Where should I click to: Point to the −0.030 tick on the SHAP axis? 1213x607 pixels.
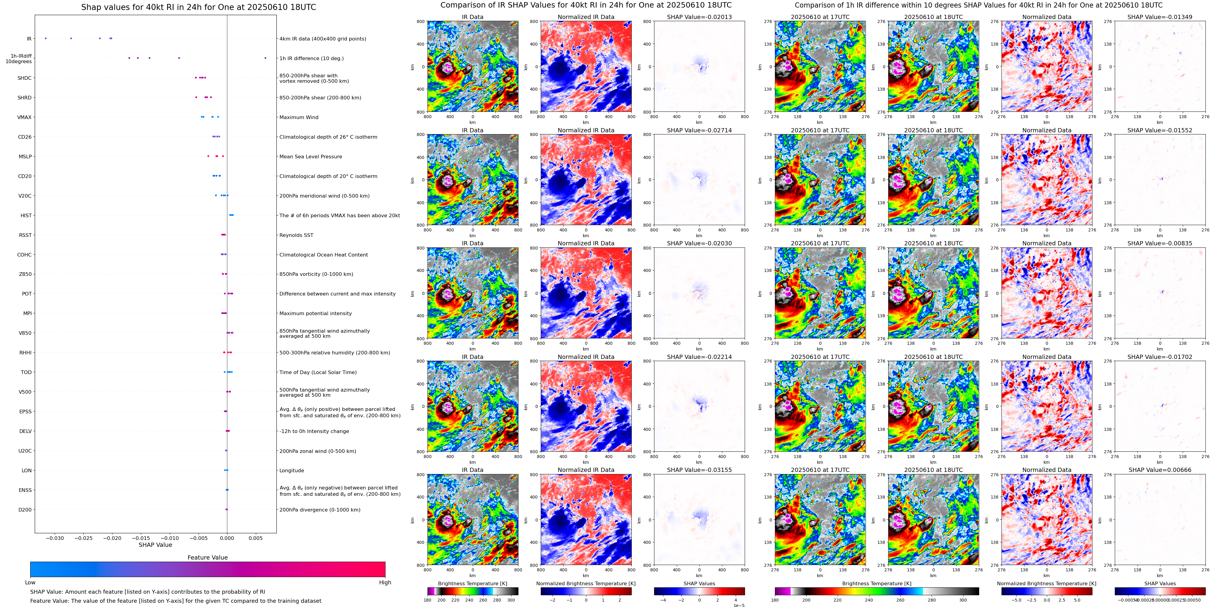[x=55, y=538]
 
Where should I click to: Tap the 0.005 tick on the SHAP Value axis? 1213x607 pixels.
[x=256, y=538]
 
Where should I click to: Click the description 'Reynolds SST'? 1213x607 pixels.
[x=296, y=235]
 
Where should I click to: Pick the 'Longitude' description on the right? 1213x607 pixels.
[x=292, y=470]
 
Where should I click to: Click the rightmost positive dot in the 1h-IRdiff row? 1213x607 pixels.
[x=265, y=58]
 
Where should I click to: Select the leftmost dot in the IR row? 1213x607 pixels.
[x=46, y=38]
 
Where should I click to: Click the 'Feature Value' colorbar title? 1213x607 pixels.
[x=207, y=557]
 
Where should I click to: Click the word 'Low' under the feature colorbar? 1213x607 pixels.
[x=30, y=583]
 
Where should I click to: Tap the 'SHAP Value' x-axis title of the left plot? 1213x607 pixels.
[x=155, y=545]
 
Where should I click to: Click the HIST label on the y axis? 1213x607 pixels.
[x=26, y=216]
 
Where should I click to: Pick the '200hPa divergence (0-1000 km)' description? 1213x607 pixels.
[x=320, y=509]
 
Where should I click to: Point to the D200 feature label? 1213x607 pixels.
[x=25, y=509]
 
